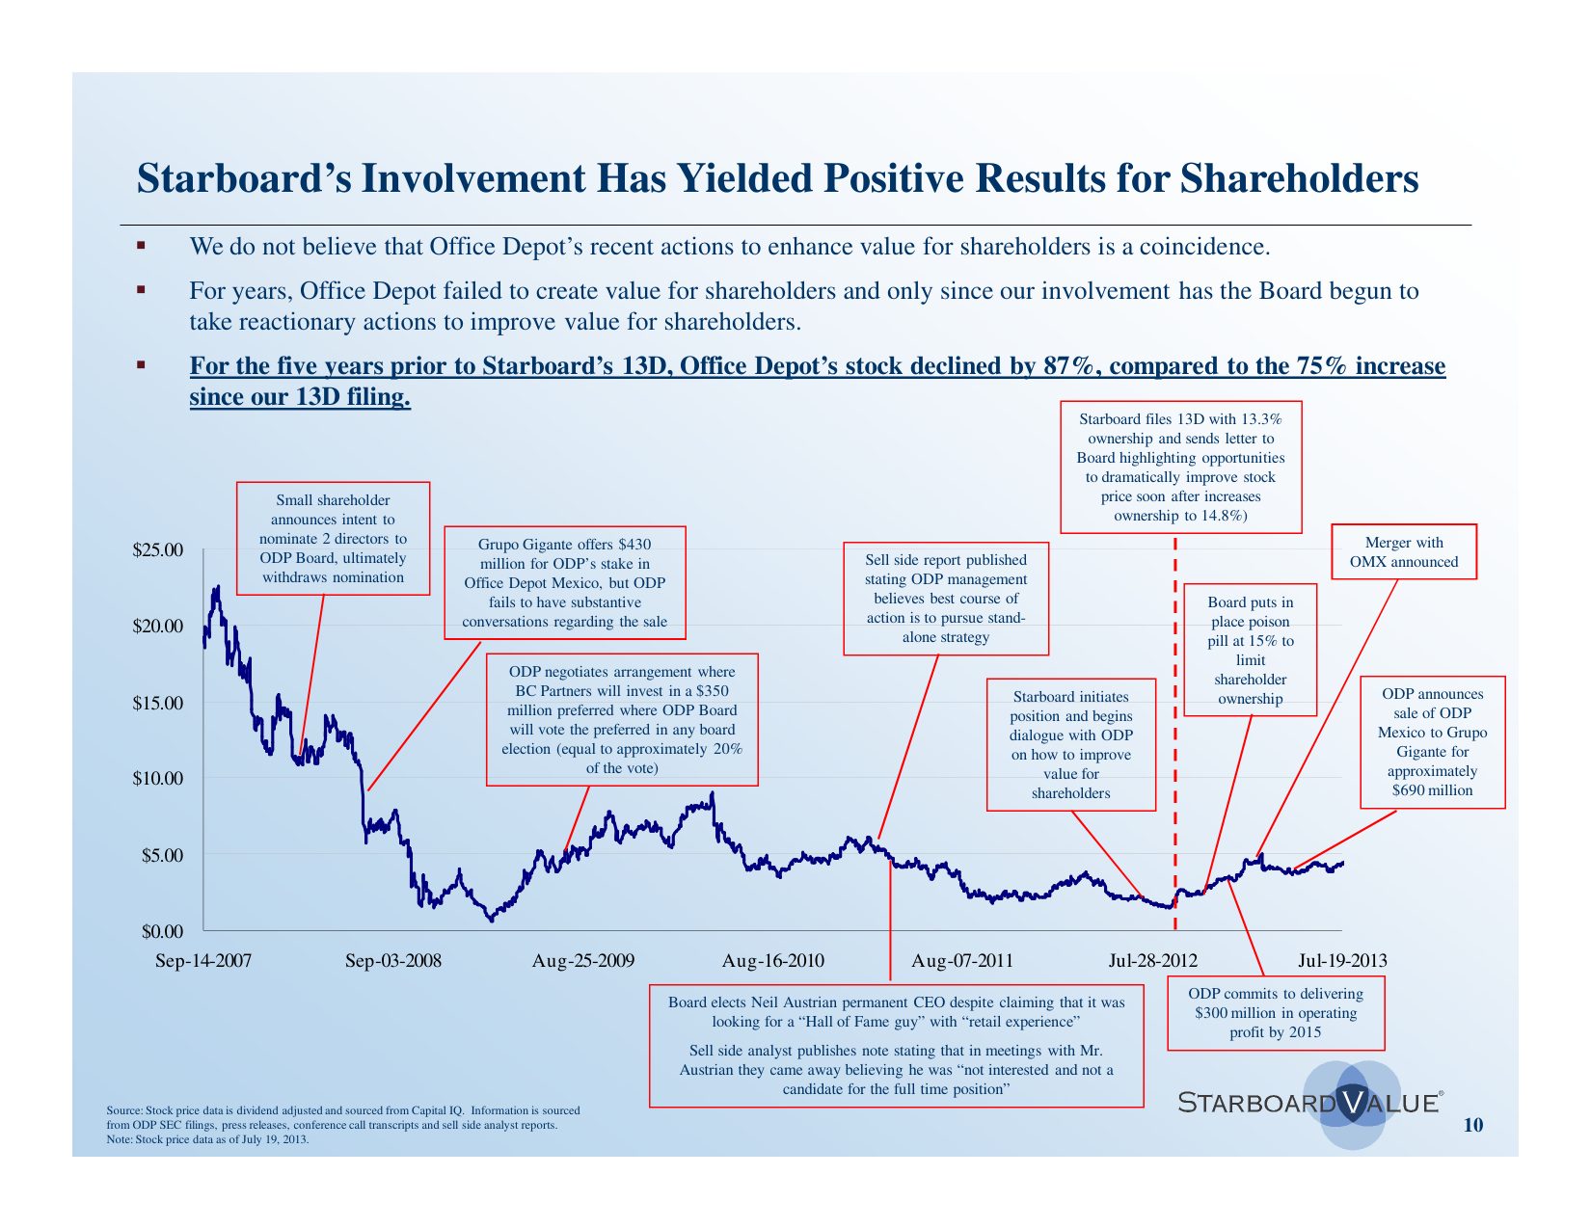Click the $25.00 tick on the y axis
[157, 551]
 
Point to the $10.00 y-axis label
[157, 779]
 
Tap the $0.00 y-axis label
[162, 931]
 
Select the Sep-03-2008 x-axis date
[392, 961]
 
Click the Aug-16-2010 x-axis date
[772, 961]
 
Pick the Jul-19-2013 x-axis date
[1342, 961]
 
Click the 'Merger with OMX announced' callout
[1403, 552]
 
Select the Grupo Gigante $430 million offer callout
[564, 582]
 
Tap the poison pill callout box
[1250, 650]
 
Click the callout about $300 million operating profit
[1276, 1012]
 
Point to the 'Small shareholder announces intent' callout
[333, 538]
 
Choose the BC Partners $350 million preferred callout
[622, 719]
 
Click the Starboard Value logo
[1311, 1103]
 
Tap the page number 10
[1473, 1125]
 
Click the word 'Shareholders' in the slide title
[1299, 179]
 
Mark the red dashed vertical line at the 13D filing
[1175, 733]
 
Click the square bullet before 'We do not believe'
[141, 246]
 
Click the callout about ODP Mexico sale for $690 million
[1432, 741]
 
